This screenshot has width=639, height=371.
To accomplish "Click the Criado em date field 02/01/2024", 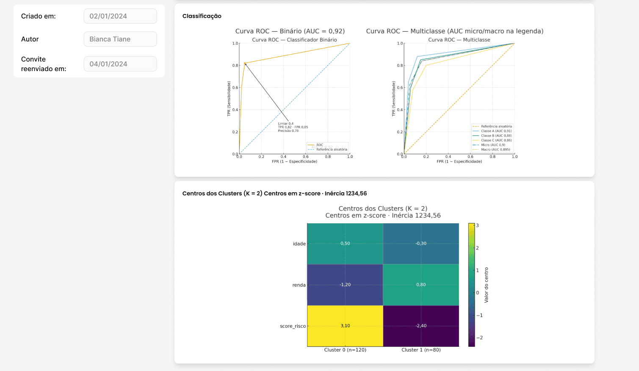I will click(x=120, y=16).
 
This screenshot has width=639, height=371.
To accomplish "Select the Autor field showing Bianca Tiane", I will click(x=120, y=39).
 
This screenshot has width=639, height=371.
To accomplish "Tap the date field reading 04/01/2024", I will click(x=120, y=64).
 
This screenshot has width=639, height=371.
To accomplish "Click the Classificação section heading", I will click(x=202, y=16).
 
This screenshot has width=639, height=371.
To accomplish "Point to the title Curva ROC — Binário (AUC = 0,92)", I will click(x=290, y=31).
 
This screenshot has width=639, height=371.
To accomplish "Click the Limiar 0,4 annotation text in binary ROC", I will click(x=286, y=124).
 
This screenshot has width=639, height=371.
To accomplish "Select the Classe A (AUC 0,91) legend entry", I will click(x=496, y=131).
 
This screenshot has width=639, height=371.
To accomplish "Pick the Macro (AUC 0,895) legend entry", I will click(x=495, y=150).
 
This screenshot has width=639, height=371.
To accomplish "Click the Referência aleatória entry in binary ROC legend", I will click(x=331, y=150).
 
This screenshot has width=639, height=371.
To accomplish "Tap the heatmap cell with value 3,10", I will click(x=345, y=326).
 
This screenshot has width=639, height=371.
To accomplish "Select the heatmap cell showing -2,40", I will click(x=421, y=326).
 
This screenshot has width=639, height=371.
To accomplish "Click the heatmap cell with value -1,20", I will click(x=345, y=285).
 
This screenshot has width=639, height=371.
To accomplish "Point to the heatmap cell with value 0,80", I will click(x=421, y=285).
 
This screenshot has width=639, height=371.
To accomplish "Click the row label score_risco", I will click(x=293, y=326).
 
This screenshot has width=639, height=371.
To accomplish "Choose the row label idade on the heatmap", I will click(x=299, y=244).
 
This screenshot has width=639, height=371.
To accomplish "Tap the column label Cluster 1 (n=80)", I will click(x=421, y=350).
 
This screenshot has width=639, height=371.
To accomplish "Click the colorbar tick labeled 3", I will click(x=478, y=225).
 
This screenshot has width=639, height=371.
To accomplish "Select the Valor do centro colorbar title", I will click(x=486, y=285).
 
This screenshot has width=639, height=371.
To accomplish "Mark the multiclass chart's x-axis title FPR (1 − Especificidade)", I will click(x=459, y=161).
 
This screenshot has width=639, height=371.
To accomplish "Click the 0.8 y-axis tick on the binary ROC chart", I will click(x=235, y=66).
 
